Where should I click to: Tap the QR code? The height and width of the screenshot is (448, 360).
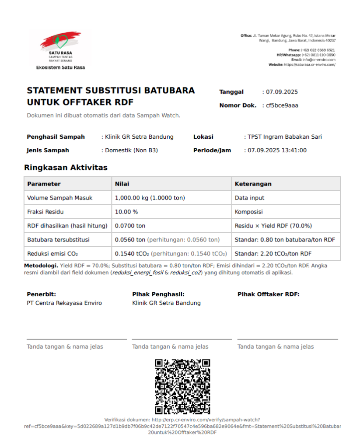click(x=182, y=386)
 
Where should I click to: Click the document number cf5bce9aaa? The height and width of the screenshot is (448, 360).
click(x=283, y=105)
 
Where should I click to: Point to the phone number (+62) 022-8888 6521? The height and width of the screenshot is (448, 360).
click(x=318, y=50)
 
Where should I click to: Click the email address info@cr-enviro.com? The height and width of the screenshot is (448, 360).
click(x=319, y=60)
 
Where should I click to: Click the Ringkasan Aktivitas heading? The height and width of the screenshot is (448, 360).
click(x=66, y=168)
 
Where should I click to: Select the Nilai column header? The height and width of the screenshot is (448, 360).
click(x=122, y=184)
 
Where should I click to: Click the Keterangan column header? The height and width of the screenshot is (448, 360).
click(x=253, y=184)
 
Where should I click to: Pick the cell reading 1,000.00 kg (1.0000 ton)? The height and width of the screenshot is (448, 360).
click(x=150, y=198)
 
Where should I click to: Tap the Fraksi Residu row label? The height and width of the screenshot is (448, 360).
click(x=45, y=212)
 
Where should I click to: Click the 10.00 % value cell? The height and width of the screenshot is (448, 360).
click(x=126, y=212)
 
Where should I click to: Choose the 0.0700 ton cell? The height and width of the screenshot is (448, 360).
click(x=130, y=226)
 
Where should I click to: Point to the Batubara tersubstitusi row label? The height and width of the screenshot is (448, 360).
click(x=58, y=240)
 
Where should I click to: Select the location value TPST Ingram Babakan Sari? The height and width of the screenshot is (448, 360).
click(x=285, y=137)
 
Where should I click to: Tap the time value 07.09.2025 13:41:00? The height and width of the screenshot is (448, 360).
click(x=277, y=150)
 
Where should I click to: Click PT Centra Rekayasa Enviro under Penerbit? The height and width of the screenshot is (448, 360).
click(x=64, y=303)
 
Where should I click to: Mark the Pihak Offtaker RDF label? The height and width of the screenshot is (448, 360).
click(x=268, y=294)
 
